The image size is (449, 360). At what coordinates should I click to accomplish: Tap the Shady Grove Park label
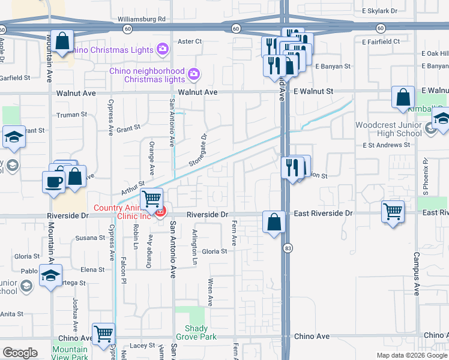[x=196, y=332]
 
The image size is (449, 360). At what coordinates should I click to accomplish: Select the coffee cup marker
[x=53, y=181]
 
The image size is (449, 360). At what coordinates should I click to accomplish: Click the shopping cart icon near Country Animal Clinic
[x=151, y=197]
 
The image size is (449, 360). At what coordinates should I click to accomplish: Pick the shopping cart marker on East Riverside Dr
[x=393, y=211]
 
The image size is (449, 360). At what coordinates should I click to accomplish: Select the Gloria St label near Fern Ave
[x=214, y=251]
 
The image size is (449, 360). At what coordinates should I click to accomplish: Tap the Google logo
[x=20, y=353]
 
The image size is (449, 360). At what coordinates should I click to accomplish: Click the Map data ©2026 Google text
[x=412, y=355]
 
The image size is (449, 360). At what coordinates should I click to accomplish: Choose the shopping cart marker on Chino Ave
[x=104, y=333]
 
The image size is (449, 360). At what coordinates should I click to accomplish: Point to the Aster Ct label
[x=190, y=41]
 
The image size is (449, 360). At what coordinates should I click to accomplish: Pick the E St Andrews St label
[x=386, y=145]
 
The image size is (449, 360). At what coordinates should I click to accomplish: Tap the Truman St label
[x=71, y=114]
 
